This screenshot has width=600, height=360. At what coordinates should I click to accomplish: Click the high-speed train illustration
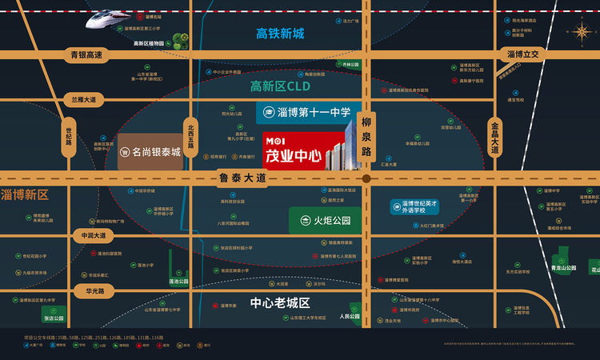[113, 18]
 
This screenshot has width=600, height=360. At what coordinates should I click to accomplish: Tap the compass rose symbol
[580, 31]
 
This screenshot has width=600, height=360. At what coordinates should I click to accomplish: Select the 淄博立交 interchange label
[525, 54]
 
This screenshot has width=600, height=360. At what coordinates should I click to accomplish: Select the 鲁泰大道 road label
[241, 179]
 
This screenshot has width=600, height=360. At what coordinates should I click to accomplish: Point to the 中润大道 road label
[88, 236]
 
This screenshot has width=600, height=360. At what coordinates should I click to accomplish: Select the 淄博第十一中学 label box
[307, 113]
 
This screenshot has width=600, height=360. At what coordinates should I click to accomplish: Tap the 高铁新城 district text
[280, 34]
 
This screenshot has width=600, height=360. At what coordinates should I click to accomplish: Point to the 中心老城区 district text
[279, 303]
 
